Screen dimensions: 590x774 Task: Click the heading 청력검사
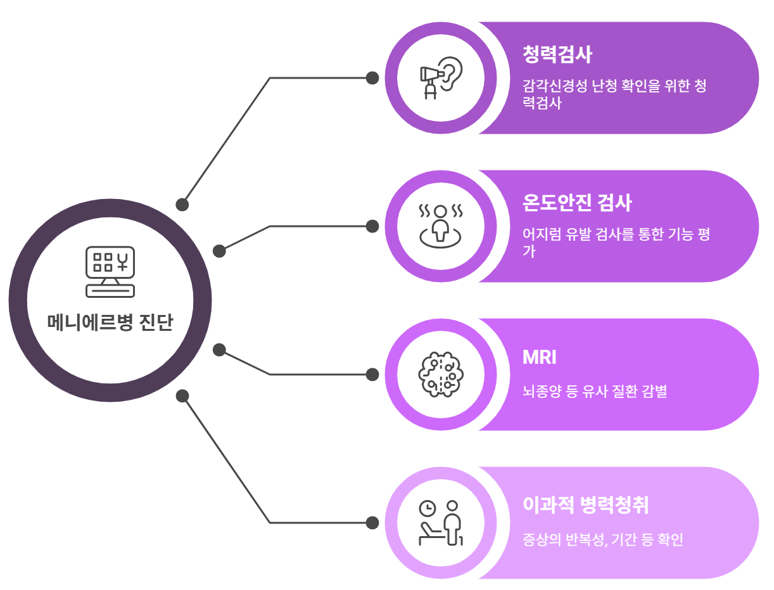coord(557,55)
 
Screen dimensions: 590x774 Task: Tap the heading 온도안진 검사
coord(577,203)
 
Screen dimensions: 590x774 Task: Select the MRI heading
coord(539,357)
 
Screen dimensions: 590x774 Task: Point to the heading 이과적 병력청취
coord(586,505)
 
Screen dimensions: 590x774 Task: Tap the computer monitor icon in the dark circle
coord(110,271)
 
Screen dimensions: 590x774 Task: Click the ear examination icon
coord(441,78)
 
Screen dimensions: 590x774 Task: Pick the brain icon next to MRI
coord(441,375)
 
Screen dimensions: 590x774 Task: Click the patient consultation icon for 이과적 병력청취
coord(441,523)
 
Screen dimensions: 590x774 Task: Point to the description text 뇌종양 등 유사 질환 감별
coord(595,392)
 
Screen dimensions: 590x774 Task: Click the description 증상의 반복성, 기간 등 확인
coord(603,541)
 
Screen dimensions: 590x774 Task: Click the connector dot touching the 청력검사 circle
coord(372,78)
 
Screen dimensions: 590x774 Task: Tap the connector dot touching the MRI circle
coord(372,375)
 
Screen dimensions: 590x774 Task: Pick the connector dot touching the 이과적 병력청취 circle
coord(372,523)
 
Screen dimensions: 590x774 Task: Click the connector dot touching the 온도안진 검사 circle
coord(372,226)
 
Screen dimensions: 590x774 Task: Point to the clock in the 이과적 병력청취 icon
coord(428,508)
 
